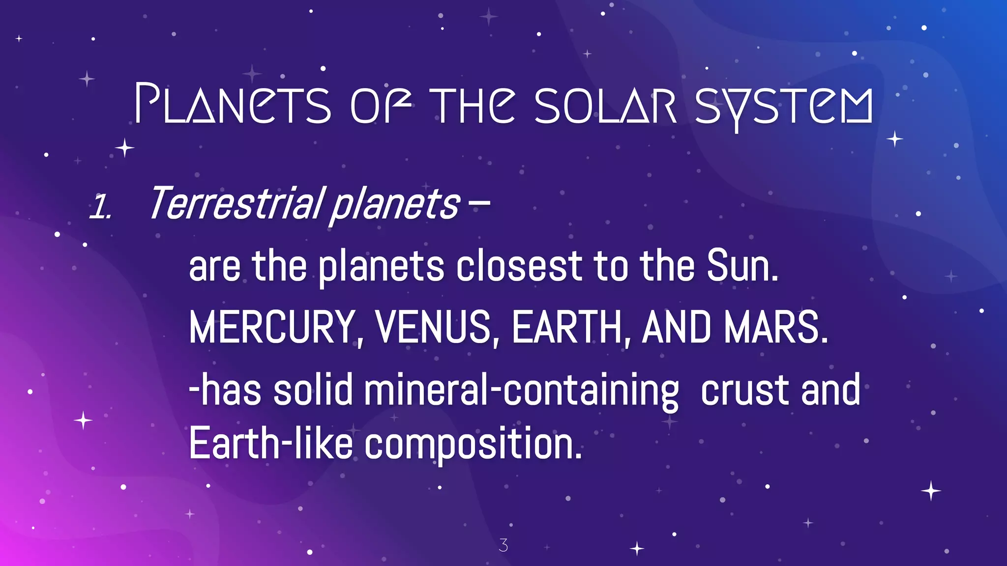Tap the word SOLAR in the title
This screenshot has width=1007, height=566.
coord(606,105)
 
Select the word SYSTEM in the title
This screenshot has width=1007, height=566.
coord(784,106)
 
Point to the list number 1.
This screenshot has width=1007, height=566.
coord(100,207)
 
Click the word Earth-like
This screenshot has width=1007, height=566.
coord(271,444)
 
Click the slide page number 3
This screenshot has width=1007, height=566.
coord(503,545)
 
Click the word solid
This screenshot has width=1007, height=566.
coord(313,390)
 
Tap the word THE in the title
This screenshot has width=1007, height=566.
coord(474,105)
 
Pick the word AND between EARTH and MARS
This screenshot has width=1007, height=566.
coord(677,328)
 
